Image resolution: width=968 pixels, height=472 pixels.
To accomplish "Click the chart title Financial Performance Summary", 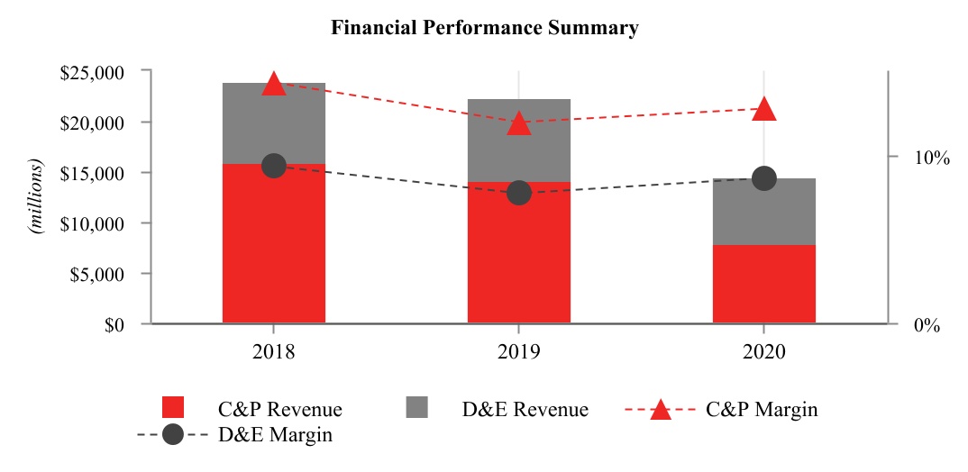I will (x=485, y=28).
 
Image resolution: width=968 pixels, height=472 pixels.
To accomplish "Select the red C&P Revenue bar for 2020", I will (x=763, y=284).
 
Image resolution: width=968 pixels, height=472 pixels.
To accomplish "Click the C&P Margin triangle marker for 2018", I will (x=273, y=85).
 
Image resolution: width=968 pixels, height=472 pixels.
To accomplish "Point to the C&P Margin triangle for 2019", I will (x=518, y=123).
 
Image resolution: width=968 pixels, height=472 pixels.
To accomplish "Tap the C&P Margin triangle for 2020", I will (x=763, y=109).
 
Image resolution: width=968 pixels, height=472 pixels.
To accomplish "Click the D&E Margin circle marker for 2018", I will (x=273, y=166).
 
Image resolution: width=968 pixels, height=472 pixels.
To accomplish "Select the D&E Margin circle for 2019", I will (x=518, y=193).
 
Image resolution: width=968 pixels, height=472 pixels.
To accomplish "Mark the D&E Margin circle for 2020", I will (x=763, y=178).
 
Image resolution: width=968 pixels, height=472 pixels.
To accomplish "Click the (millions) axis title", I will (x=37, y=197).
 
